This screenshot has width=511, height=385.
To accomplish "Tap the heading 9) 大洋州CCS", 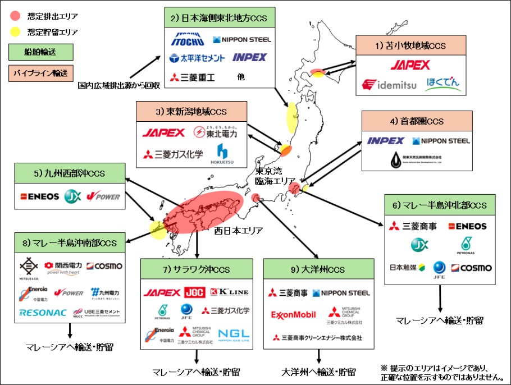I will click(318, 269).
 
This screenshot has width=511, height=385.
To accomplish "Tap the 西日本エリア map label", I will click(235, 230).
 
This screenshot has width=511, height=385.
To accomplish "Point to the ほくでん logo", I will click(443, 84).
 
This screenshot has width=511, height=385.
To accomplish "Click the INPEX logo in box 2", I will click(249, 57).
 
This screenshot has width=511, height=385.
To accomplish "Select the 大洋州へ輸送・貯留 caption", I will click(318, 372).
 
